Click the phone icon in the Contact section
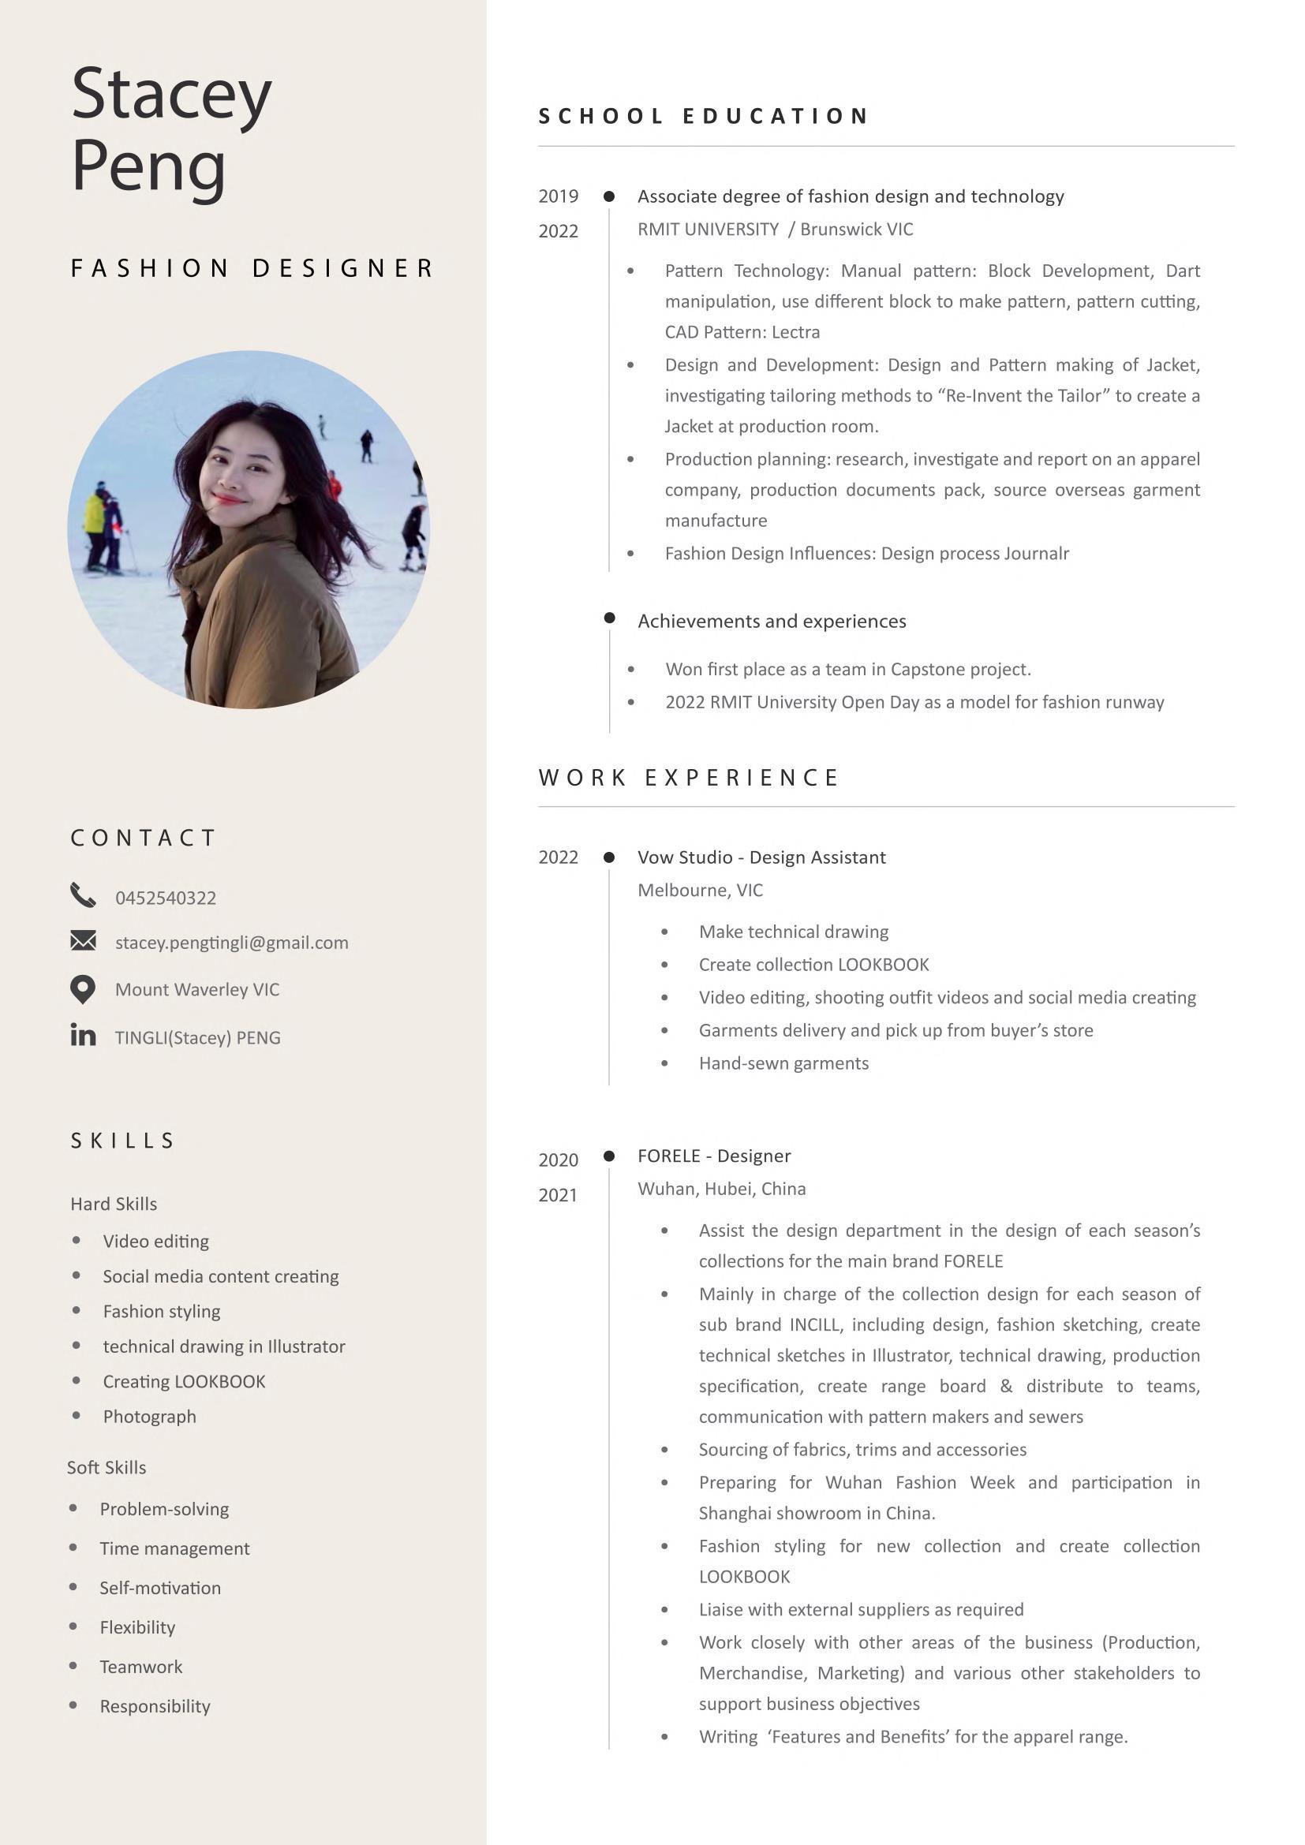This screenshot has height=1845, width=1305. click(x=83, y=894)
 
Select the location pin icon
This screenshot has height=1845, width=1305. click(x=83, y=989)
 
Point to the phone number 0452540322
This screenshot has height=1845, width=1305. click(x=166, y=898)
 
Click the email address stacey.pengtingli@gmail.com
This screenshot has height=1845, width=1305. click(x=231, y=943)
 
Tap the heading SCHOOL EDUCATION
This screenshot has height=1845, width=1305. click(x=703, y=117)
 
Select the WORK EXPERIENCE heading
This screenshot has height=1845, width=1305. click(x=689, y=777)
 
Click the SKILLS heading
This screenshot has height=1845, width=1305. click(x=123, y=1141)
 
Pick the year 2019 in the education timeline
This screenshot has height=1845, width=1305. click(x=558, y=196)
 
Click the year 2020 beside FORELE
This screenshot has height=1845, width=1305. click(x=558, y=1160)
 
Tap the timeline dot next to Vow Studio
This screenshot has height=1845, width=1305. click(x=609, y=857)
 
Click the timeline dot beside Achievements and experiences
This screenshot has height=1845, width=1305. click(x=609, y=618)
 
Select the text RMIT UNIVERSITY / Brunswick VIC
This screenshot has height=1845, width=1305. click(x=775, y=230)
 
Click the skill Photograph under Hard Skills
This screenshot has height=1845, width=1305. click(x=149, y=1417)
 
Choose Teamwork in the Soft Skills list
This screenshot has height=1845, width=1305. click(x=140, y=1667)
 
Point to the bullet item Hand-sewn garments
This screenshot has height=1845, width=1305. click(x=783, y=1063)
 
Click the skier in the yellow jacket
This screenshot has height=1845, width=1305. click(x=95, y=514)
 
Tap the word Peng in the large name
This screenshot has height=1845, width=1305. click(x=148, y=166)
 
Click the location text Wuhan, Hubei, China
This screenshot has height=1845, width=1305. click(x=721, y=1189)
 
